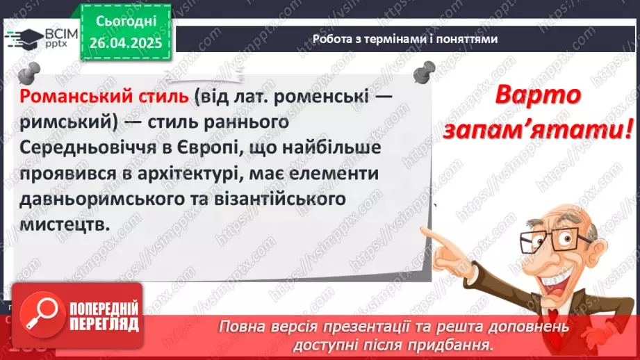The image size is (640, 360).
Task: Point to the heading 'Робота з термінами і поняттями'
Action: click(404, 39)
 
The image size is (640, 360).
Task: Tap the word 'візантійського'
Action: click(281, 200)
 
